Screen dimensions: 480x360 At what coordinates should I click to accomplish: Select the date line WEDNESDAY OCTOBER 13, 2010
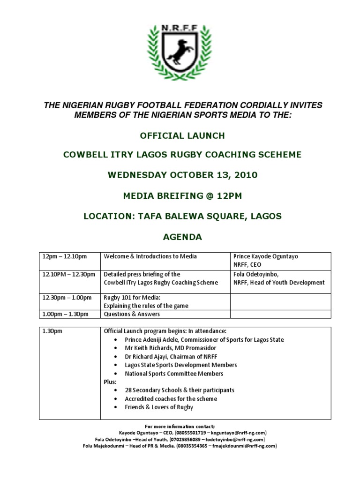click(182, 175)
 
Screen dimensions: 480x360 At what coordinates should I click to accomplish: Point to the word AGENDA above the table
click(182, 237)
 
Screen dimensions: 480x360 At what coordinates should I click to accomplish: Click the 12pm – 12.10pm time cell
click(65, 256)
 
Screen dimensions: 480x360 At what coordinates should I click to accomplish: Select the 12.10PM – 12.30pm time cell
click(69, 274)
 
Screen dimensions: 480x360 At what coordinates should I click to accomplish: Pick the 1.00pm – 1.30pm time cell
click(65, 314)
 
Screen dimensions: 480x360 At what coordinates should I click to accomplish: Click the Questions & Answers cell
click(132, 314)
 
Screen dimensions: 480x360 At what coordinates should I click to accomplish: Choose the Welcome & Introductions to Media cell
click(150, 256)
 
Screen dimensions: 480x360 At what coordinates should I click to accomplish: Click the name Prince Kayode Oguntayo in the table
click(265, 256)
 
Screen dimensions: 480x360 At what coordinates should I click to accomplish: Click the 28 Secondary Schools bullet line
click(180, 390)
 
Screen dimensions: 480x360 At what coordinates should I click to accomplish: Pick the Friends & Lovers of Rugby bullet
click(159, 407)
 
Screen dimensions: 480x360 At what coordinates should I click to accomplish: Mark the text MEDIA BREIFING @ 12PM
click(182, 196)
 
